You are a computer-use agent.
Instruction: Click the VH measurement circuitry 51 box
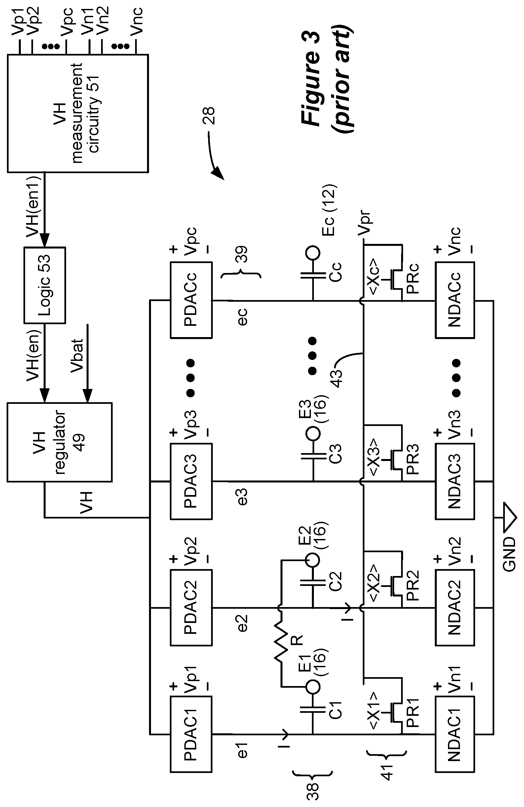click(x=78, y=114)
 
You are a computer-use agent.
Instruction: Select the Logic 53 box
click(x=44, y=285)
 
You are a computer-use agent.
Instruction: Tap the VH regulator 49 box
click(x=59, y=442)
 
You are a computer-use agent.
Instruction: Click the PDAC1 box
click(x=191, y=734)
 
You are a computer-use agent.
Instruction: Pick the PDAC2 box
click(x=191, y=608)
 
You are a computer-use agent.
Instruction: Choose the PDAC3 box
click(x=191, y=481)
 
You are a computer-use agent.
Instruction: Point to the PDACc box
click(x=191, y=300)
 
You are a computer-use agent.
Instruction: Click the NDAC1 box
click(x=455, y=734)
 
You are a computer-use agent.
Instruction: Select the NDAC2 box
click(x=455, y=608)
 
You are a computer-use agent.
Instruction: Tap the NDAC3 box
click(x=455, y=481)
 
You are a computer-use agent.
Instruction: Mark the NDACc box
click(x=455, y=300)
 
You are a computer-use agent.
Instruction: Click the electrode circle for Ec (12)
click(x=313, y=253)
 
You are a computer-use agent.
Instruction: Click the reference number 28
click(x=209, y=116)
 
